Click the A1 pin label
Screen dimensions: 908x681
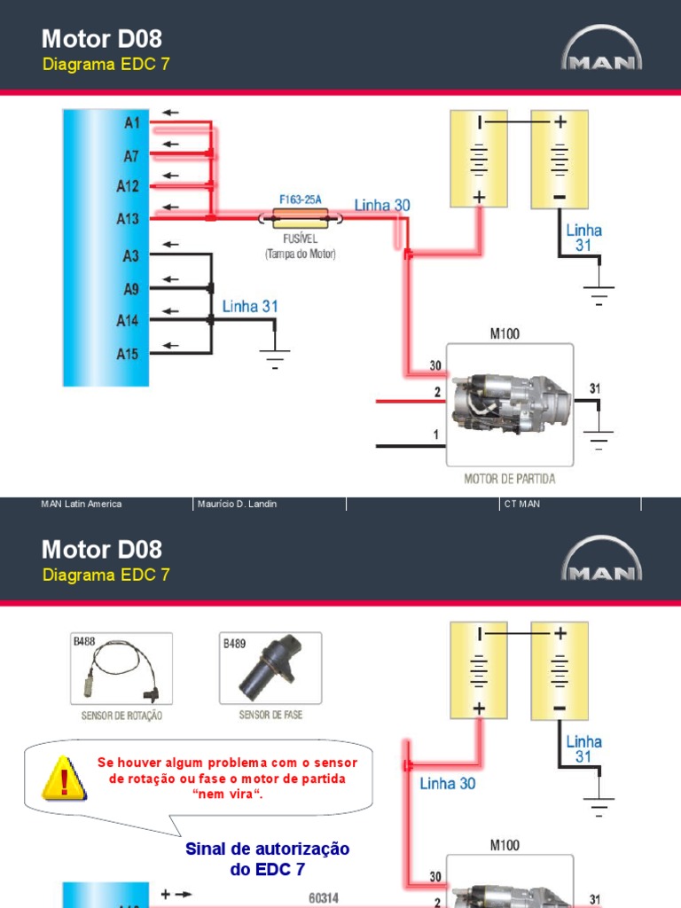[x=130, y=123]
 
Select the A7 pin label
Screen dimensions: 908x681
[x=130, y=156]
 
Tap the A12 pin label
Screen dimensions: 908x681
[x=128, y=186]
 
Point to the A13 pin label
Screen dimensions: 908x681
[x=128, y=218]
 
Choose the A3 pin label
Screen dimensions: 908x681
[x=130, y=256]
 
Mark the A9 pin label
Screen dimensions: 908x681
[x=130, y=288]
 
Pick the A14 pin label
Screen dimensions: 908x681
[x=128, y=321]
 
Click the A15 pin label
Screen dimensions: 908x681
[x=128, y=354]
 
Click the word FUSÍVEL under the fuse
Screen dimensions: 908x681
[x=300, y=239]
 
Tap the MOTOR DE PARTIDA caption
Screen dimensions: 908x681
[x=510, y=479]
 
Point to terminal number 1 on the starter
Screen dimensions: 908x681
[x=435, y=434]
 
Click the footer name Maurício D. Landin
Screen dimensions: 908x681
[x=238, y=504]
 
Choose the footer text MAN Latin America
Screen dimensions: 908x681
[x=82, y=504]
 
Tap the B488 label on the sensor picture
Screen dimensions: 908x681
[x=83, y=640]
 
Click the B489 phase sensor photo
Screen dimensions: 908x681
[x=270, y=669]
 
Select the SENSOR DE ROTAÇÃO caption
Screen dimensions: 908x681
[x=121, y=715]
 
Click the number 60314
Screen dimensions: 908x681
[x=324, y=897]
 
